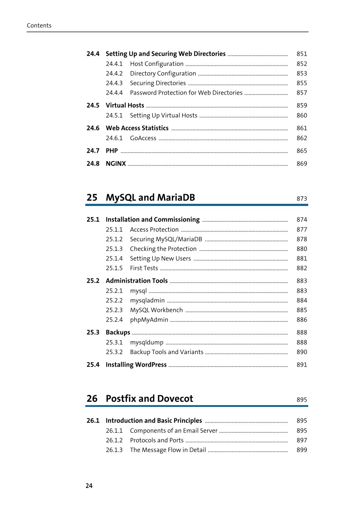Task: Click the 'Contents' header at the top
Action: click(x=39, y=25)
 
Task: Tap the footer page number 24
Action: click(x=89, y=485)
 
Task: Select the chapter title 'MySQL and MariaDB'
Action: click(x=150, y=197)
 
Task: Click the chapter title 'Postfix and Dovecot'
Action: click(x=149, y=398)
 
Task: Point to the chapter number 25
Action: click(x=92, y=197)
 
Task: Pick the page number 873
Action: click(x=301, y=198)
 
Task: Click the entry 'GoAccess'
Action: click(x=143, y=138)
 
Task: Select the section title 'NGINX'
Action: click(x=116, y=163)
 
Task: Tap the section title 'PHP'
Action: click(x=111, y=151)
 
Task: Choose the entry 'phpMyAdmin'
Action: click(x=149, y=319)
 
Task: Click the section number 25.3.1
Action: click(x=114, y=342)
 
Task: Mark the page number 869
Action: click(x=301, y=163)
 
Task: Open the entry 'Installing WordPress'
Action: click(x=136, y=364)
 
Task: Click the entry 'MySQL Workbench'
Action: click(x=156, y=310)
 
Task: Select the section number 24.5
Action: click(x=93, y=105)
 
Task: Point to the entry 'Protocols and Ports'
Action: click(x=156, y=440)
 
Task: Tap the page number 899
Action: click(x=301, y=450)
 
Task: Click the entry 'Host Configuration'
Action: click(x=156, y=64)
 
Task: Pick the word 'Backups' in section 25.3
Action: click(x=118, y=332)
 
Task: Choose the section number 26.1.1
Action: click(x=114, y=430)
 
